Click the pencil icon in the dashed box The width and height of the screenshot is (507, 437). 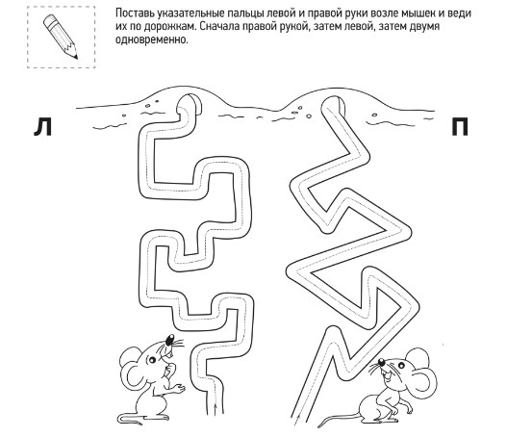[x=61, y=37]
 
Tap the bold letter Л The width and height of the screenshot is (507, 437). [x=42, y=127]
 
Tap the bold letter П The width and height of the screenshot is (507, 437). [x=460, y=127]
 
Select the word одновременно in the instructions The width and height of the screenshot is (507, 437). [x=152, y=39]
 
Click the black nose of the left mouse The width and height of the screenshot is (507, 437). [x=169, y=340]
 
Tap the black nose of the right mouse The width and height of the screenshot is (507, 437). [x=381, y=361]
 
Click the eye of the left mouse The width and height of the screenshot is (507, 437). [x=151, y=359]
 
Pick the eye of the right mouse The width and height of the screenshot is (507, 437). [x=401, y=365]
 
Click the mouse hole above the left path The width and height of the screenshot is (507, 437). [x=190, y=104]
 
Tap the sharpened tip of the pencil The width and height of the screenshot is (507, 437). [x=76, y=57]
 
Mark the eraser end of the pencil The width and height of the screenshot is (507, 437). [x=49, y=21]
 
